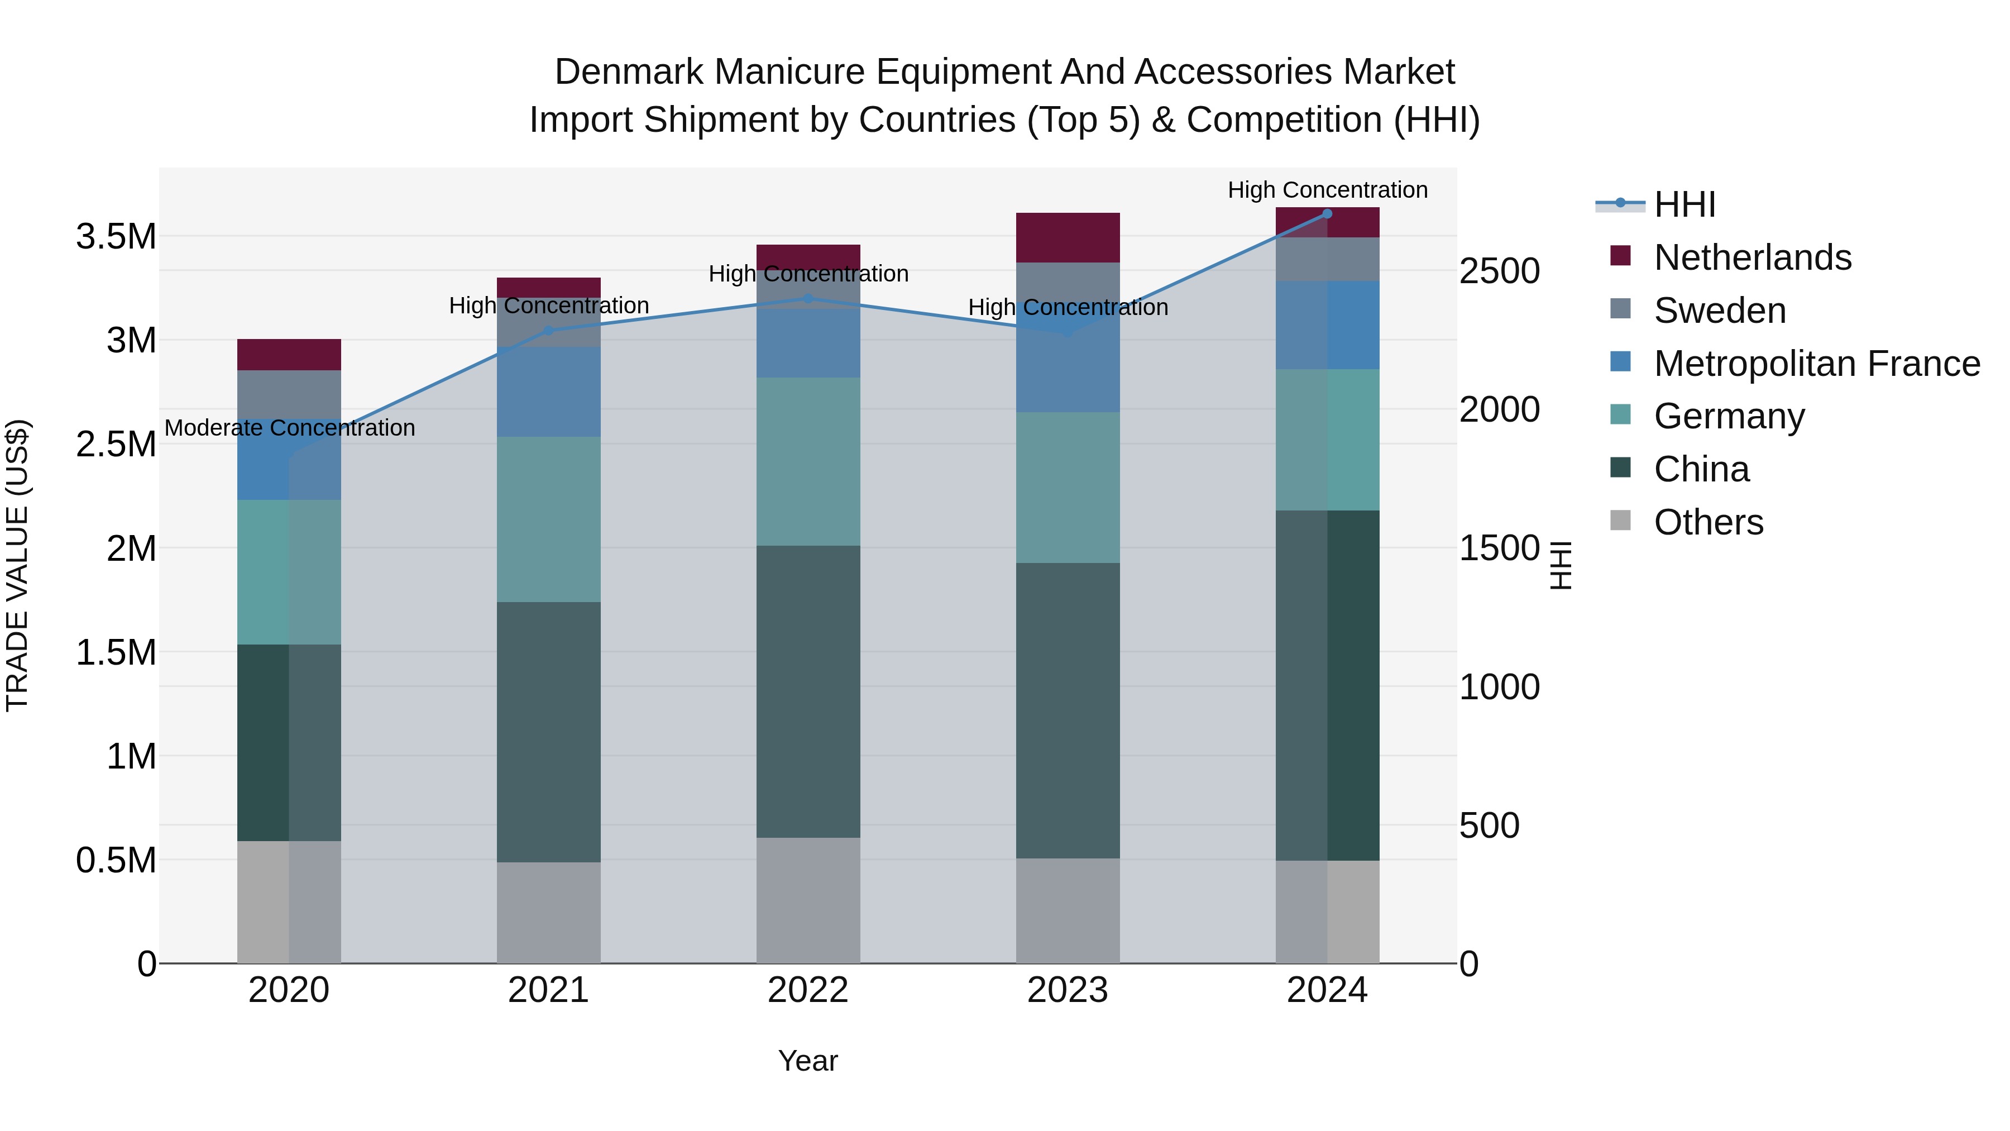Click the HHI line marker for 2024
pos(1327,213)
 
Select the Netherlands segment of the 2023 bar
pos(1068,237)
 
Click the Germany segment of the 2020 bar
pos(289,571)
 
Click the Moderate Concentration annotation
pos(289,428)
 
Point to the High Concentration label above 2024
pos(1327,190)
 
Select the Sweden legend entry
pos(1719,311)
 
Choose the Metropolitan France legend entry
pos(1816,364)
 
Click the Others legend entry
pos(1707,522)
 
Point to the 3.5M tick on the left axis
pos(116,236)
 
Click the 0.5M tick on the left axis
pos(116,860)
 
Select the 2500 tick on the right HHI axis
pos(1499,271)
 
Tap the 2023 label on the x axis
pos(1068,990)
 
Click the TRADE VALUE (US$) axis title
pos(17,565)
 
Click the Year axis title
pos(807,1061)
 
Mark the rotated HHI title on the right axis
pos(1560,565)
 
